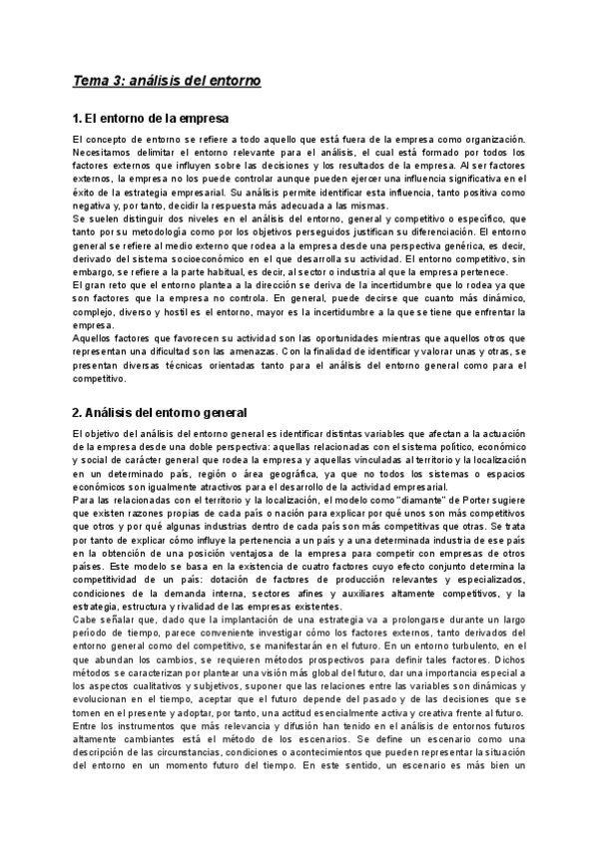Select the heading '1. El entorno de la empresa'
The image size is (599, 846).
151,118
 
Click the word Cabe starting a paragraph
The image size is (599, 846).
86,621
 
